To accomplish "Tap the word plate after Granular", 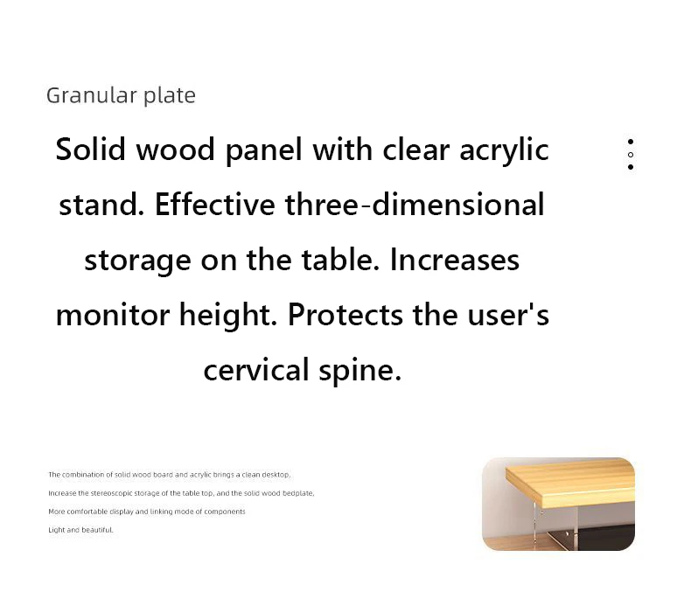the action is [x=170, y=95].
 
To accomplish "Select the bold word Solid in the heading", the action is [x=91, y=150].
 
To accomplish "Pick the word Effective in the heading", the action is [x=215, y=205].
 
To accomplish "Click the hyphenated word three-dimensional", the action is [x=415, y=205].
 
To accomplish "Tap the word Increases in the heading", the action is [x=455, y=260].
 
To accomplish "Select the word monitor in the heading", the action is [x=113, y=315].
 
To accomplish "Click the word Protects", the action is [x=345, y=315].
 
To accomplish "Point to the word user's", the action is [x=508, y=315].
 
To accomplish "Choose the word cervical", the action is [x=256, y=370].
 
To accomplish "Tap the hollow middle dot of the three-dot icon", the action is [x=631, y=155].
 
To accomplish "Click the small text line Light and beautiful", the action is [x=80, y=530].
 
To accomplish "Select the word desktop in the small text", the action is [x=276, y=475].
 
